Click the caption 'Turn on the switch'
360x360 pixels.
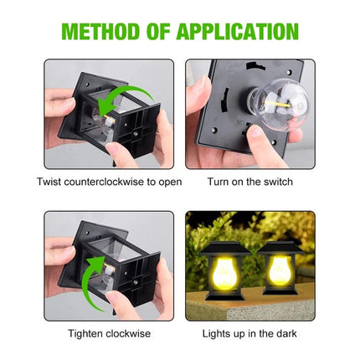click(x=250, y=181)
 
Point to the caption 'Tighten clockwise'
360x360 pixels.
click(x=109, y=333)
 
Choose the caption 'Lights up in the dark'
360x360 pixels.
click(x=250, y=333)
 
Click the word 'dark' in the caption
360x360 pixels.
click(x=285, y=333)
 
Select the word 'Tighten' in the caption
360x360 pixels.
click(x=85, y=333)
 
